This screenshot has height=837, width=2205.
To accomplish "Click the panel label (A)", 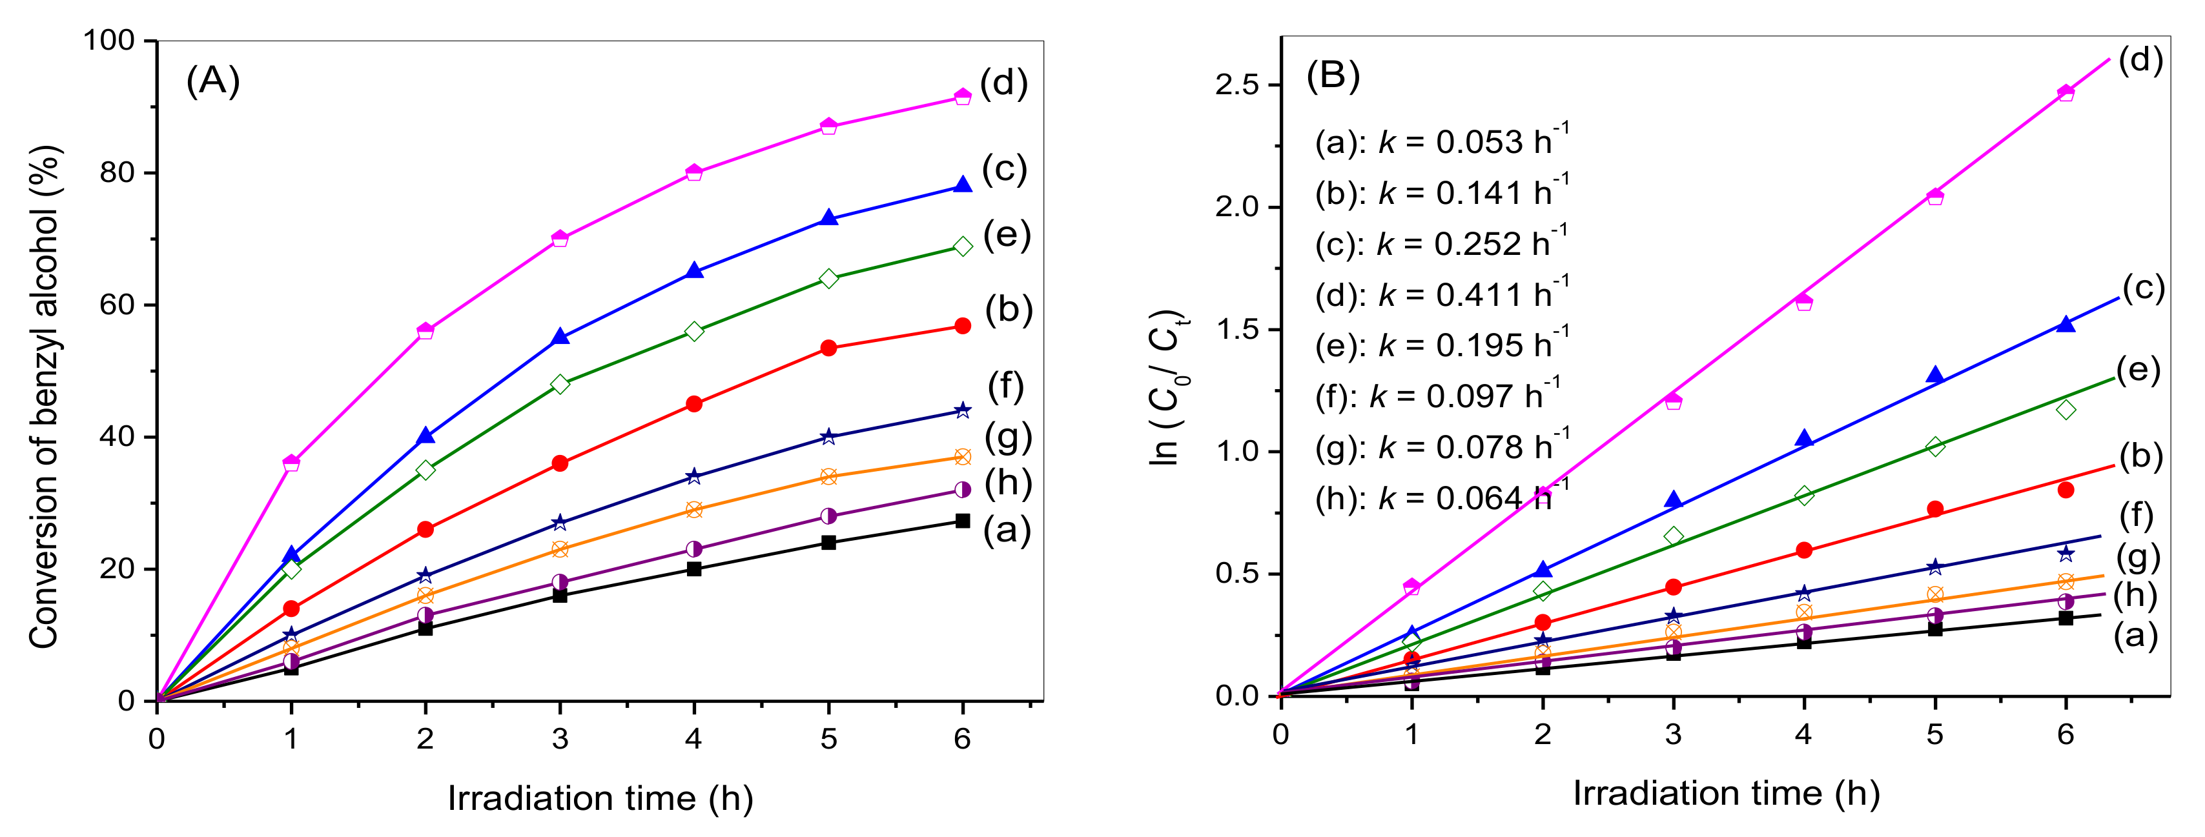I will point(212,81).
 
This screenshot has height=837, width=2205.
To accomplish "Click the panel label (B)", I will point(1333,76).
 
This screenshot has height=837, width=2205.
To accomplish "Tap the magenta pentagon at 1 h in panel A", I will point(291,463).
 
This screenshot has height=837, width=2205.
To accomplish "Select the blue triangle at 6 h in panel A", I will point(962,185).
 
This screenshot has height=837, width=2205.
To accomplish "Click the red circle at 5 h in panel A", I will point(828,347).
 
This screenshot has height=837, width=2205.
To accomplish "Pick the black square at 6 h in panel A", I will point(962,520).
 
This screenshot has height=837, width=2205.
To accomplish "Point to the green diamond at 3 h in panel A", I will point(560,383).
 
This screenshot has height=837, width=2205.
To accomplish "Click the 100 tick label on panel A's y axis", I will point(108,40).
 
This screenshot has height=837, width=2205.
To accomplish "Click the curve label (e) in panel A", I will point(1007,234).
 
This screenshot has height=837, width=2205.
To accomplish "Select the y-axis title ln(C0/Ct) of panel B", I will point(1169,388).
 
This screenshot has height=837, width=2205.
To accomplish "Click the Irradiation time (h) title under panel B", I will point(1726,793).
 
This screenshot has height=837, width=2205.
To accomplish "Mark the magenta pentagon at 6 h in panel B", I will point(2066,92).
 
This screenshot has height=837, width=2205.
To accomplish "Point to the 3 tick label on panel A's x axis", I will point(560,738).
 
